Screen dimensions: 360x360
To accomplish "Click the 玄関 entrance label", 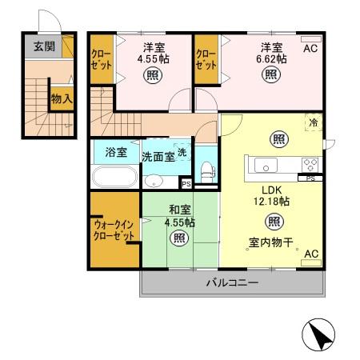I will tap(44, 46).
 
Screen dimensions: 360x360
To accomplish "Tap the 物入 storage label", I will tap(62, 99).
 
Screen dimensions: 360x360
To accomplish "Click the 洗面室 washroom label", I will tap(158, 156).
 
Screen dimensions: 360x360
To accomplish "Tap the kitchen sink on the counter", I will tap(266, 165).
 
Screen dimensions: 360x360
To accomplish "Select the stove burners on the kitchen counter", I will tap(310, 163).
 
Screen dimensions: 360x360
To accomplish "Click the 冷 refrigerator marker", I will tap(313, 123).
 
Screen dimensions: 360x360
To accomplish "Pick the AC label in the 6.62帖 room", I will tap(310, 47).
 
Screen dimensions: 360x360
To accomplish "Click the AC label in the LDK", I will tap(311, 254).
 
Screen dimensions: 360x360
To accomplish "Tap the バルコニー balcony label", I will tap(231, 283).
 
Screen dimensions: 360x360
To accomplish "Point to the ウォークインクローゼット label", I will tap(114, 230).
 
